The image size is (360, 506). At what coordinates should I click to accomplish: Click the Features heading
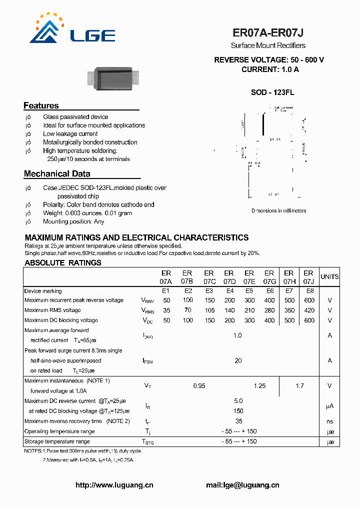tap(41, 105)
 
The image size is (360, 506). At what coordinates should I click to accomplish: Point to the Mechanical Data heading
tap(57, 174)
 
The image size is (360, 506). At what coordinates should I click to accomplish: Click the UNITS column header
tap(329, 276)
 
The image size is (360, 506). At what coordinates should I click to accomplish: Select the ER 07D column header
tap(229, 277)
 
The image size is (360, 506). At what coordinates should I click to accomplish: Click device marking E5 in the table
tap(248, 291)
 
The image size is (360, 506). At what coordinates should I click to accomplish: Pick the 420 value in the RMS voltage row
tap(309, 310)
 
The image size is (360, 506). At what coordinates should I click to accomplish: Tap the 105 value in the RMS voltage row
tap(209, 310)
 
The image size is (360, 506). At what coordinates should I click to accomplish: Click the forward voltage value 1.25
tap(259, 386)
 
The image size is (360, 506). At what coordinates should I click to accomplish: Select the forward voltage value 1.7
tap(299, 386)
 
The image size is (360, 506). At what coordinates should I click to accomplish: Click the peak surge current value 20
tap(238, 360)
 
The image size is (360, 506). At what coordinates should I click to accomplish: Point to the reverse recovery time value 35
tap(238, 421)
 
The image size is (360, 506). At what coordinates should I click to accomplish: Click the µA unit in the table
tap(329, 406)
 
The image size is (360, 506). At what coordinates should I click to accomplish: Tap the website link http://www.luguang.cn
tap(114, 485)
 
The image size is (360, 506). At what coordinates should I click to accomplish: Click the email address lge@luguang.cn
tap(242, 485)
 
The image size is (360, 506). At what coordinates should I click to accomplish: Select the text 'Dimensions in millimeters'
tap(278, 211)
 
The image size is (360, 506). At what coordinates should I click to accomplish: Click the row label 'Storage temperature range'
tap(57, 441)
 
